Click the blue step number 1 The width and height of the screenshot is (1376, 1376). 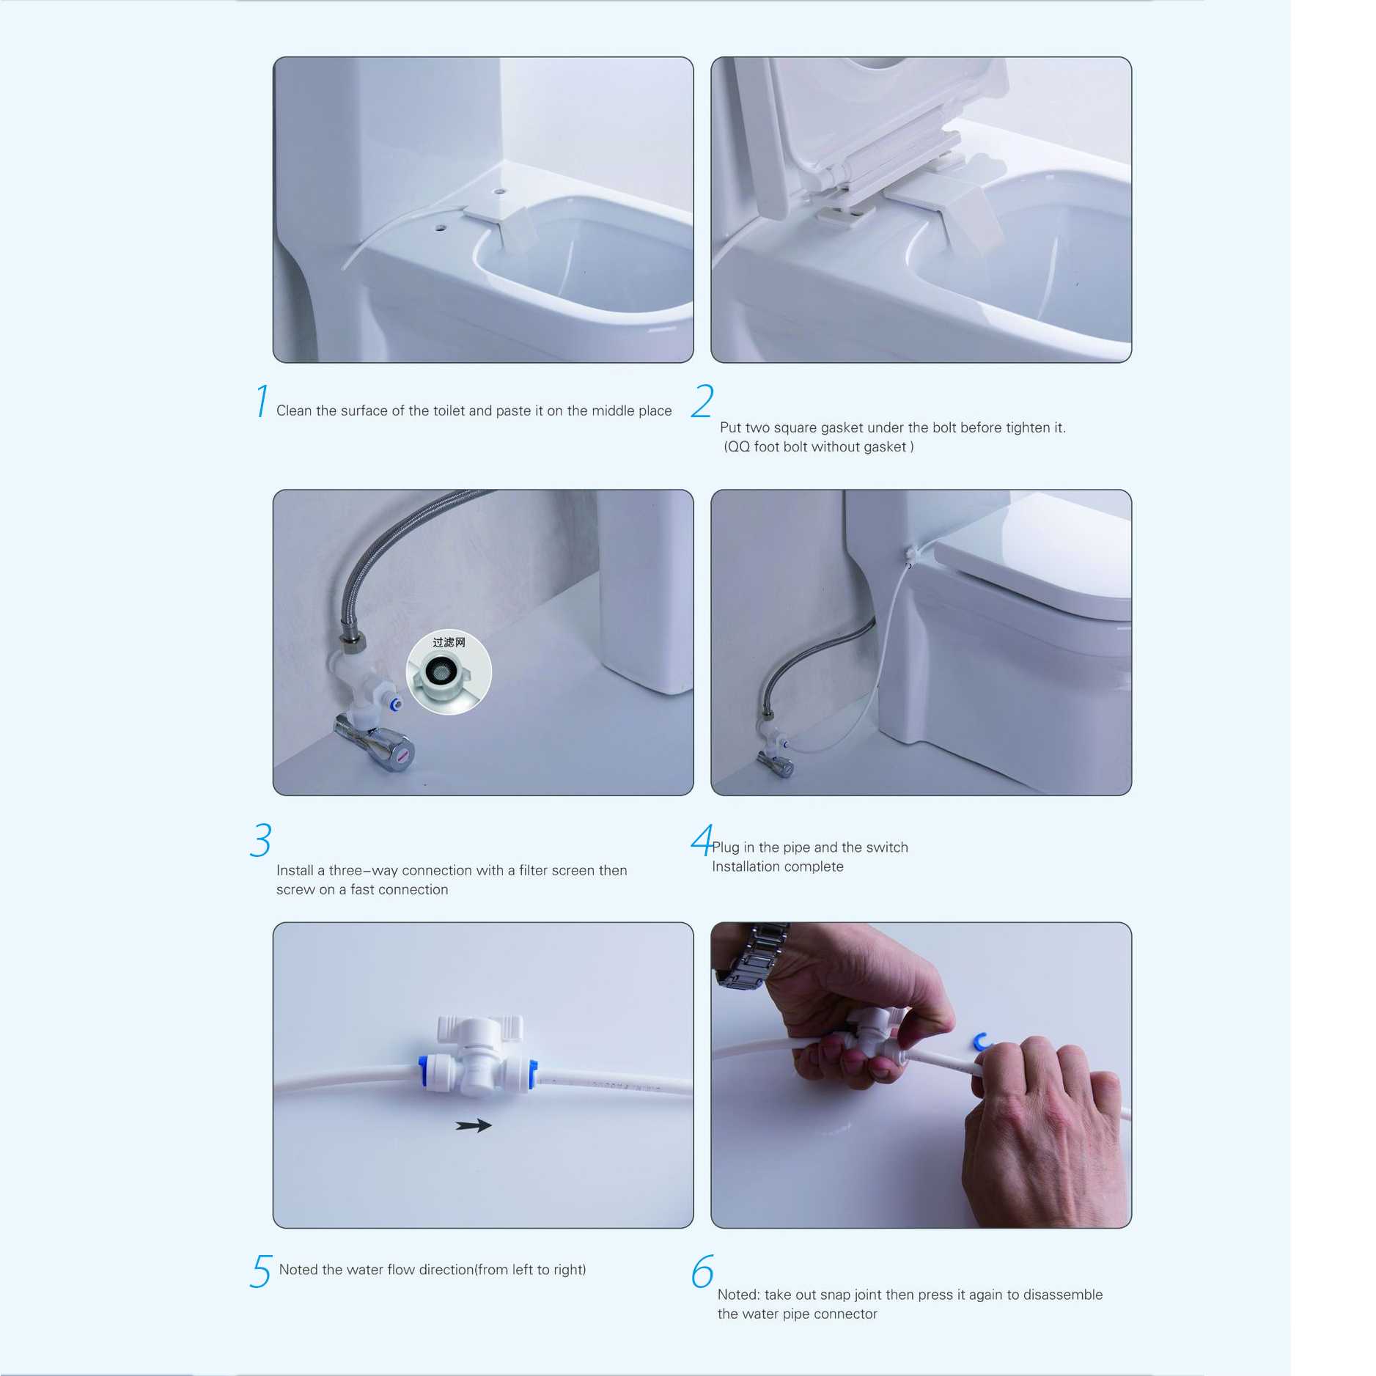pos(262,401)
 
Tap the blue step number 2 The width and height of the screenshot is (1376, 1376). pos(702,401)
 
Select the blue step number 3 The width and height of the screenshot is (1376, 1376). pos(261,839)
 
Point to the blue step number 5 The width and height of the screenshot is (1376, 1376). pos(261,1271)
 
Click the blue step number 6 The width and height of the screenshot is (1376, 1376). pos(702,1271)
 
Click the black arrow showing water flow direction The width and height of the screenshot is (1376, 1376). pos(473,1125)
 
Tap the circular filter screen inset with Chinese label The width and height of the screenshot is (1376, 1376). pos(449,672)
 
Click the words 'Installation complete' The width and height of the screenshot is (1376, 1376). pos(777,867)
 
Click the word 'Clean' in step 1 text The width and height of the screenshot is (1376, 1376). pos(293,411)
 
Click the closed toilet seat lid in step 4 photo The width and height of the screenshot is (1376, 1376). pos(1034,546)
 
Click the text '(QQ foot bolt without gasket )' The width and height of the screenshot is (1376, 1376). pos(818,446)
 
